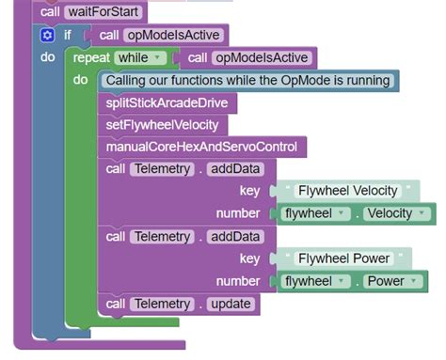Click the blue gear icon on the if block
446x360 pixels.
(47, 36)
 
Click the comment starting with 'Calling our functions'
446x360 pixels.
(247, 80)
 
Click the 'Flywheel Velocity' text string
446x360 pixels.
(347, 191)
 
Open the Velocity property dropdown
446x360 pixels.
(399, 213)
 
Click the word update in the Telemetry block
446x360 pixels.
(230, 304)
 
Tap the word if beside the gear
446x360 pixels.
(68, 36)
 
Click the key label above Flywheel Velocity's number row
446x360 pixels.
(249, 191)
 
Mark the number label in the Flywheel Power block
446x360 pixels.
(238, 280)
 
